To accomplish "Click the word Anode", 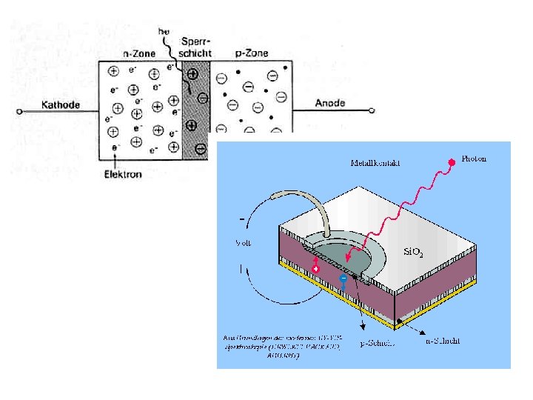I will click(329, 103).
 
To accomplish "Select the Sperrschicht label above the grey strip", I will click(195, 47).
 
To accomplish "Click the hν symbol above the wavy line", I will click(165, 31).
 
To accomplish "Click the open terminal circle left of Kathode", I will click(19, 113).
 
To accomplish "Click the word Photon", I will click(475, 159).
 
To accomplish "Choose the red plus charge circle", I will click(316, 270).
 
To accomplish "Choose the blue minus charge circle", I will click(343, 279).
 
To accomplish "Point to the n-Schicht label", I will click(443, 341).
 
